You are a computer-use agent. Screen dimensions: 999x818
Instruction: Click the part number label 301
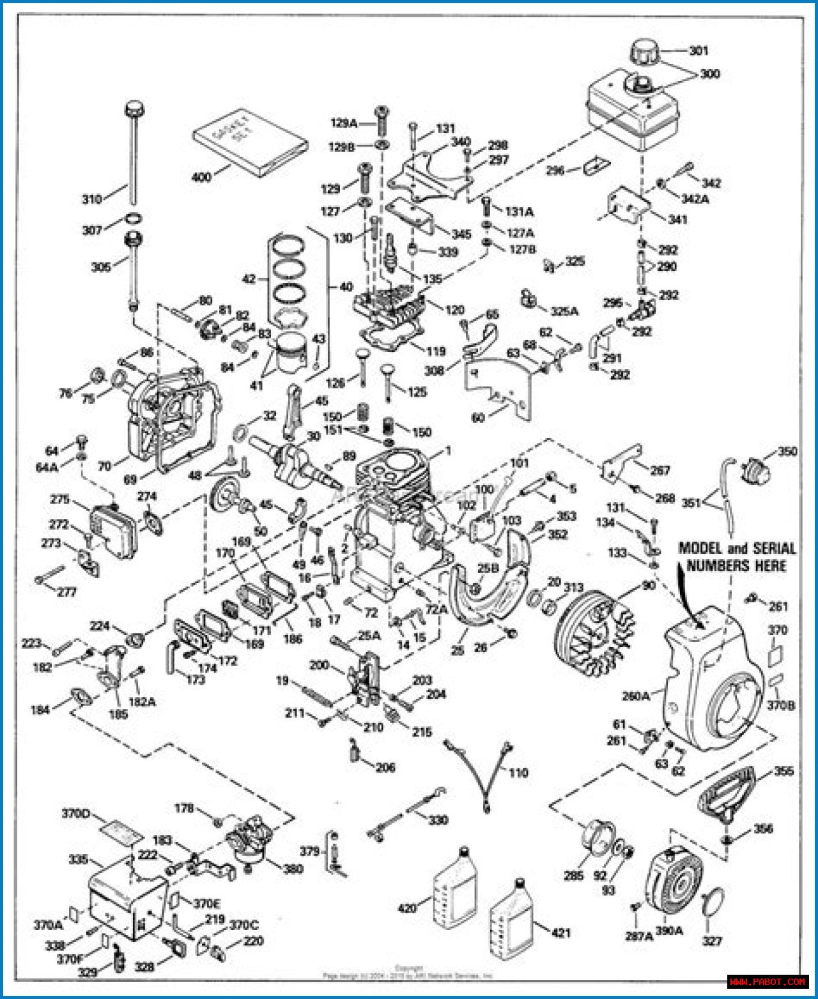(x=698, y=50)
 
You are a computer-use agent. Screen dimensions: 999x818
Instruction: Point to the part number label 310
(x=92, y=199)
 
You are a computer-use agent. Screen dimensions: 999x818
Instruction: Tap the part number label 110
(x=518, y=773)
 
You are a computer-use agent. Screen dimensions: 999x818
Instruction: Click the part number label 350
(x=787, y=452)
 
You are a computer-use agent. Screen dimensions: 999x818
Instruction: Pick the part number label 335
(x=78, y=860)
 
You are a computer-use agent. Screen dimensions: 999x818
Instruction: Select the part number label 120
(x=454, y=310)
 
